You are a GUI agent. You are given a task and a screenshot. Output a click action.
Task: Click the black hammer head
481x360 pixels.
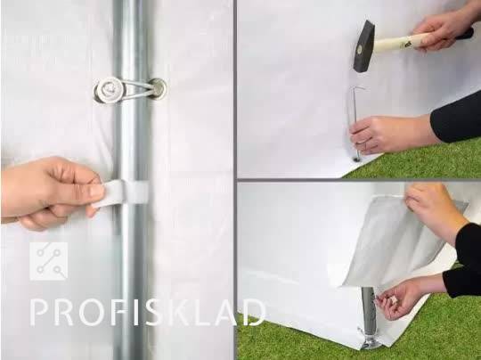(364, 46)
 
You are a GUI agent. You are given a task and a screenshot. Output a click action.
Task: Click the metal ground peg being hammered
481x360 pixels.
(355, 123)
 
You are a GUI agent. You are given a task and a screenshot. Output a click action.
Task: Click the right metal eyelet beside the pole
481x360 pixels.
(158, 88)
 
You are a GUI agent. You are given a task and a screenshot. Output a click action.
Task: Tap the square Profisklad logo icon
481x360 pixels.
(49, 261)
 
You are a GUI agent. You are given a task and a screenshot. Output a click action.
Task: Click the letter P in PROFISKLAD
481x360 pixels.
(40, 313)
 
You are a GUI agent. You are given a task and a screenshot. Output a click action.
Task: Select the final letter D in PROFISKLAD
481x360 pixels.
(253, 313)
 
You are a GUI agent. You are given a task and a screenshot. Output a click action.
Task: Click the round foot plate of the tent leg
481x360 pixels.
(371, 342)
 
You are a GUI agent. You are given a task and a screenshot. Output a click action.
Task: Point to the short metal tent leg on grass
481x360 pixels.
(369, 313)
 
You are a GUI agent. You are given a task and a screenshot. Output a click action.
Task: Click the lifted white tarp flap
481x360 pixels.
(399, 242)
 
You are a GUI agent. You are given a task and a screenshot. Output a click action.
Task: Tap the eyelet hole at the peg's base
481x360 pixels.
(356, 160)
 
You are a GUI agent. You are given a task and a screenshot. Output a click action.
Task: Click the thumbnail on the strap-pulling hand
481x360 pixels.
(98, 191)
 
